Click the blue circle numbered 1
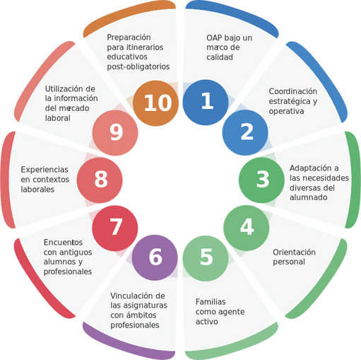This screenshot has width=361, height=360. [206, 103]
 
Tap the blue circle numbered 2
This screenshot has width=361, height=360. [245, 132]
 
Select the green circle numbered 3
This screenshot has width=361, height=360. [261, 180]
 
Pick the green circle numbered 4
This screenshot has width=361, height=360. [247, 228]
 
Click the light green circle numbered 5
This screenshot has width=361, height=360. [206, 258]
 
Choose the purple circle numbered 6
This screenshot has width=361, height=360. [155, 257]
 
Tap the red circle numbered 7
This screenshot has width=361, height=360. [115, 228]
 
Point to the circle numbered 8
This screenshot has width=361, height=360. [100, 180]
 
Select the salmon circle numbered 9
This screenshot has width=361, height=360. [115, 133]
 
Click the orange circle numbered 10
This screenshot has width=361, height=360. [155, 103]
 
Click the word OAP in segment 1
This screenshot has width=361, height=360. [214, 37]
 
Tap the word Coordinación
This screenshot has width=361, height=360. [293, 91]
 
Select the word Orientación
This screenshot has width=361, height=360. [294, 252]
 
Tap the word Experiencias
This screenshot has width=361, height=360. [45, 169]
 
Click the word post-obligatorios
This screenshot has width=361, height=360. [138, 66]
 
